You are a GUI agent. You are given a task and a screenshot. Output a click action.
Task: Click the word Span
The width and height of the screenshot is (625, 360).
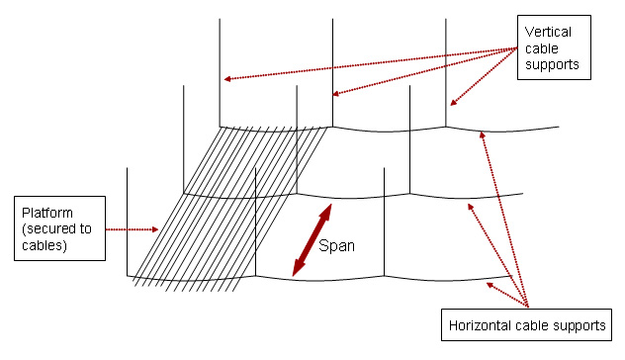[336, 244]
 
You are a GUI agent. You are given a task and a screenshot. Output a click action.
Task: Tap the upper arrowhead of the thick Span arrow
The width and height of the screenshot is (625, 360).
[325, 211]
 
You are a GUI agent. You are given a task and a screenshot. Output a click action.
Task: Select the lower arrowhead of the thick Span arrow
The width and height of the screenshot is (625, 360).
[297, 269]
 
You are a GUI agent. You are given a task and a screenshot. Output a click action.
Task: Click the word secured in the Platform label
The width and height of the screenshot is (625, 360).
[53, 229]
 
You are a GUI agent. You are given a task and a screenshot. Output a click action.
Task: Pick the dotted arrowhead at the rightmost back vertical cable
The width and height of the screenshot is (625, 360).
[453, 103]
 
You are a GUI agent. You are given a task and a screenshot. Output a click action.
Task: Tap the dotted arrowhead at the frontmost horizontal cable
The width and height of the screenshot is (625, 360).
[487, 286]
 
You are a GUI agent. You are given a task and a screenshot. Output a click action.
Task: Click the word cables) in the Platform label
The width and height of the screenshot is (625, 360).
[47, 246]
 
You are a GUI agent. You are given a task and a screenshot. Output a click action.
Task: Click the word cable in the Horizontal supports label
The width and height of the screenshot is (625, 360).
[533, 325]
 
